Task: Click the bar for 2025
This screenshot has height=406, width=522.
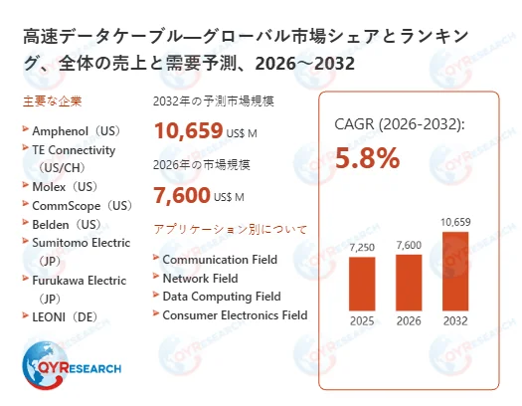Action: pyautogui.click(x=362, y=284)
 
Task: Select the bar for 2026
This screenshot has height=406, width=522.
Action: pyautogui.click(x=409, y=282)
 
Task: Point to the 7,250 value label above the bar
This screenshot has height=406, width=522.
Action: pyautogui.click(x=362, y=245)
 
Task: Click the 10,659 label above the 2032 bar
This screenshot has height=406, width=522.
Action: pyautogui.click(x=453, y=221)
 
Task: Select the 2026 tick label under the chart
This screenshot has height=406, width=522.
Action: pyautogui.click(x=409, y=320)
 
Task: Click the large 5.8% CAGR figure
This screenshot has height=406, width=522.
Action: pyautogui.click(x=368, y=157)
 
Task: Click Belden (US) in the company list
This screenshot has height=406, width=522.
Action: pyautogui.click(x=67, y=224)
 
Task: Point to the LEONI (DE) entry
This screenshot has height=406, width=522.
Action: pyautogui.click(x=66, y=316)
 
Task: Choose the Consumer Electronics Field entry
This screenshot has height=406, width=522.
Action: pyautogui.click(x=235, y=315)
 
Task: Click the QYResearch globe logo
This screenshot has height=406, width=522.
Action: pyautogui.click(x=45, y=362)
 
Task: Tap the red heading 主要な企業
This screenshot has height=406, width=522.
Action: pyautogui.click(x=51, y=102)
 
